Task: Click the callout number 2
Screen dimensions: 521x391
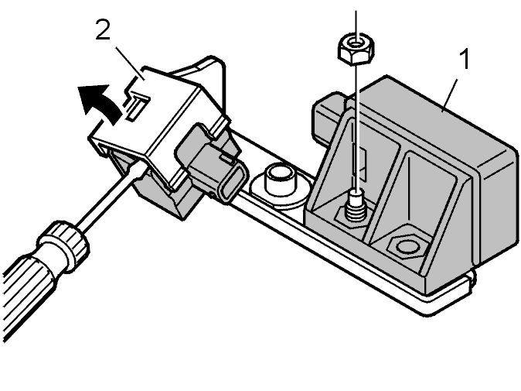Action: (x=103, y=29)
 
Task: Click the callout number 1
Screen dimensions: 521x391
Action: (x=465, y=59)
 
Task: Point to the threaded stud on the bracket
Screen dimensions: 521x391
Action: (x=356, y=207)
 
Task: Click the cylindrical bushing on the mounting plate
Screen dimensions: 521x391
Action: (x=280, y=181)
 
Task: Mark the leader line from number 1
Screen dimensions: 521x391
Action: (x=450, y=95)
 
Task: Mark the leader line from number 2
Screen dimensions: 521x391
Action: (x=130, y=63)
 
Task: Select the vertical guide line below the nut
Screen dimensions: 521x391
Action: (x=356, y=127)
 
